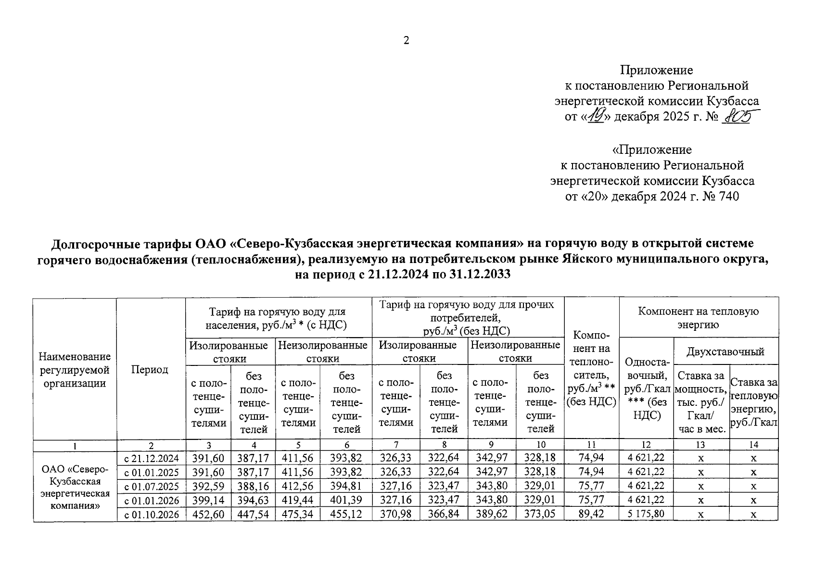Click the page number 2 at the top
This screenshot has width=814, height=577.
pos(406,41)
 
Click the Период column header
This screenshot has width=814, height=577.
pos(151,369)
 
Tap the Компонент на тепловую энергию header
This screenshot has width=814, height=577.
pos(698,318)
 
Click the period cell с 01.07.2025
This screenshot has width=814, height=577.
pos(151,486)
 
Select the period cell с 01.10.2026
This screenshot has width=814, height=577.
pos(151,514)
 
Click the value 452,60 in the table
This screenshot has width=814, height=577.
pos(208,514)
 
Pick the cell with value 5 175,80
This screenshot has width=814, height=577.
pos(646,514)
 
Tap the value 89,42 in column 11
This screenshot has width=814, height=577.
pos(591,514)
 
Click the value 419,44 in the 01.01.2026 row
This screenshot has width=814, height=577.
pos(297,500)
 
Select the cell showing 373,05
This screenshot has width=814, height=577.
pos(540,514)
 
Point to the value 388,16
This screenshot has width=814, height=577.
pos(253,486)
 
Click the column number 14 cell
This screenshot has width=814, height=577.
pos(753,445)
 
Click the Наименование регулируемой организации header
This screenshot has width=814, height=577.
pos(75,369)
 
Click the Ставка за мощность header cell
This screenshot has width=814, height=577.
pos(700,401)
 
